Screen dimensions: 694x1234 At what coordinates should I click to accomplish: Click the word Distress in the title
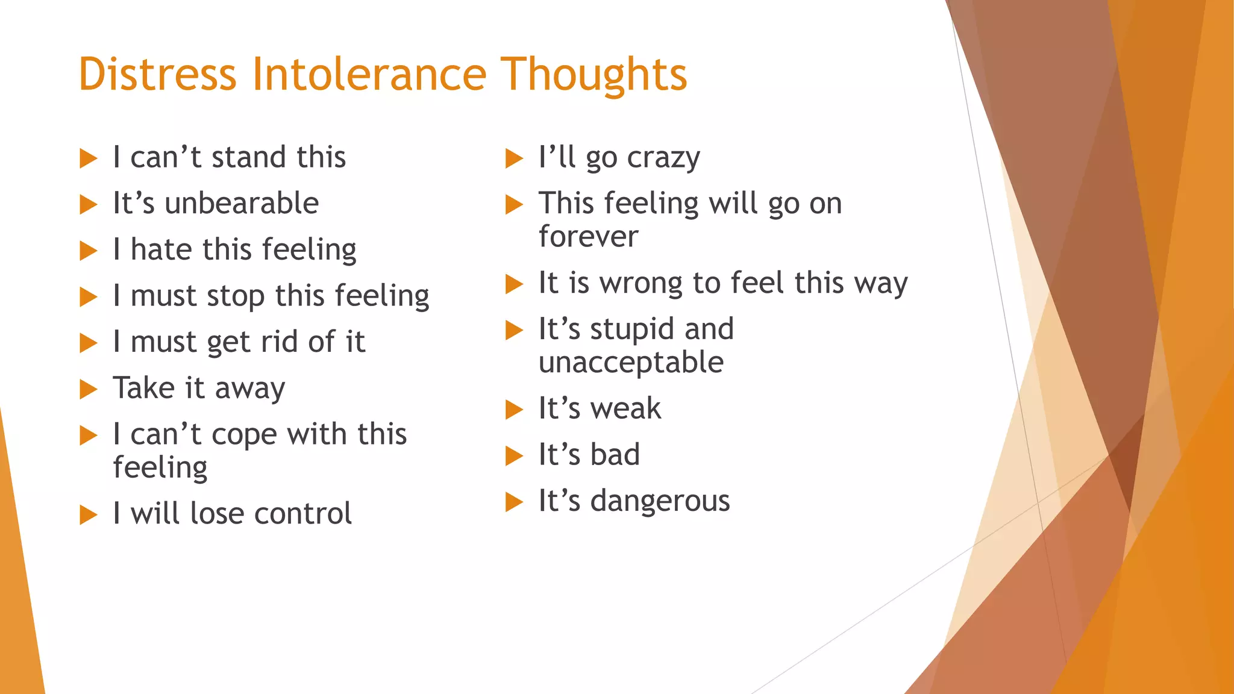(157, 74)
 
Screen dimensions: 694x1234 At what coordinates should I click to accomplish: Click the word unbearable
(242, 203)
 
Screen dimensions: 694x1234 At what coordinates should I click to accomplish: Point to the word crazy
(663, 158)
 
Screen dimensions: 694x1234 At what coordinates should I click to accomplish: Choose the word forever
(588, 236)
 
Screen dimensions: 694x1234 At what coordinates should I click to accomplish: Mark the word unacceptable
(631, 363)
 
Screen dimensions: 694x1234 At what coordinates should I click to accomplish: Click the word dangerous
(660, 501)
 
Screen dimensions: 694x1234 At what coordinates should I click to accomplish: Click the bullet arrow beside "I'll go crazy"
(513, 158)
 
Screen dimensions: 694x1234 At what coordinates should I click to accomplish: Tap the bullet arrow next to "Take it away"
(88, 389)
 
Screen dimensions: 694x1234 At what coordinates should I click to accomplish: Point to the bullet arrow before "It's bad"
(513, 456)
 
